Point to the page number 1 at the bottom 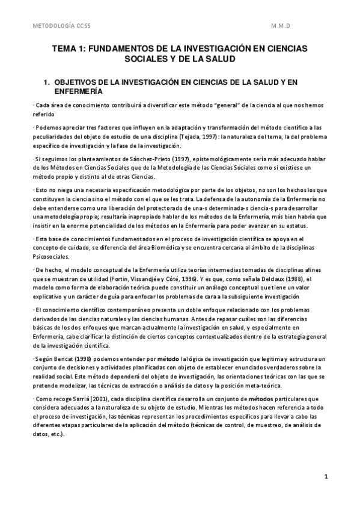coord(325,477)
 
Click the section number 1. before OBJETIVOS coord(45,81)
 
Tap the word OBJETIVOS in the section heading coord(75,81)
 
